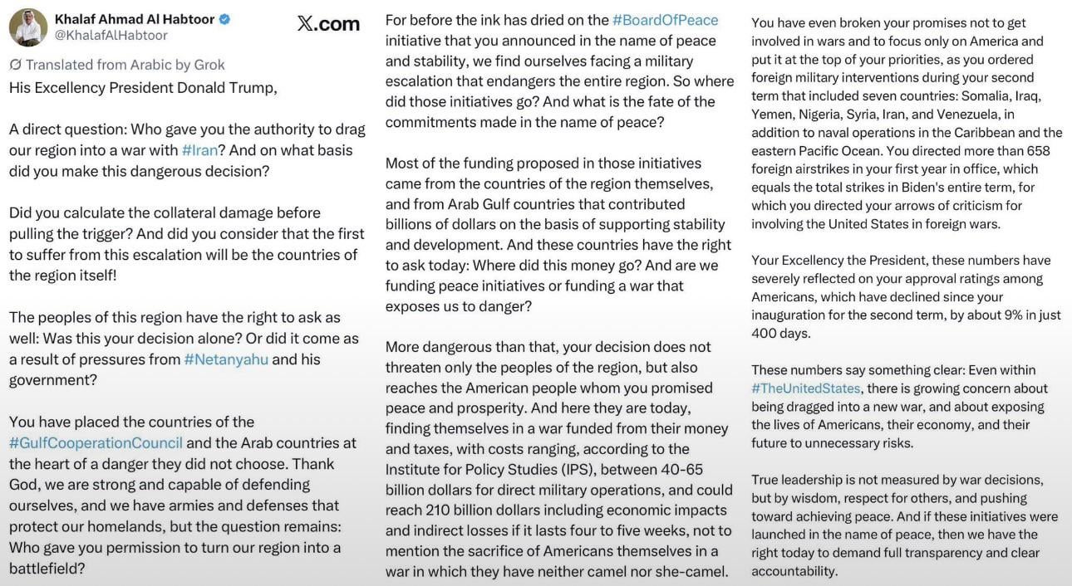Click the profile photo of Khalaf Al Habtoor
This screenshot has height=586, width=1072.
point(27,27)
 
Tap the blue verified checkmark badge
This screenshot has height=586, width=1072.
point(224,19)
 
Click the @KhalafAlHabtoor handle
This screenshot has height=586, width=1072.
point(111,36)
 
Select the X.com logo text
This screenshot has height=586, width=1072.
point(328,24)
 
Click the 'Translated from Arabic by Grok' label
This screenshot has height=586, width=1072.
point(117,65)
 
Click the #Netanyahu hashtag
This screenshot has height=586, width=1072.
point(226,359)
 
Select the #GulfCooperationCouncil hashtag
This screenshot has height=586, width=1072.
point(96,443)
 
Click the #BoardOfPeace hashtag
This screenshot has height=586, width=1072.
point(665,20)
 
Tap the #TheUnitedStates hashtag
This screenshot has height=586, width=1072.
point(806,388)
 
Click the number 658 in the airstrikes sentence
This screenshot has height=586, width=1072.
point(1038,151)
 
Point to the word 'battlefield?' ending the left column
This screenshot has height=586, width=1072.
point(46,569)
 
